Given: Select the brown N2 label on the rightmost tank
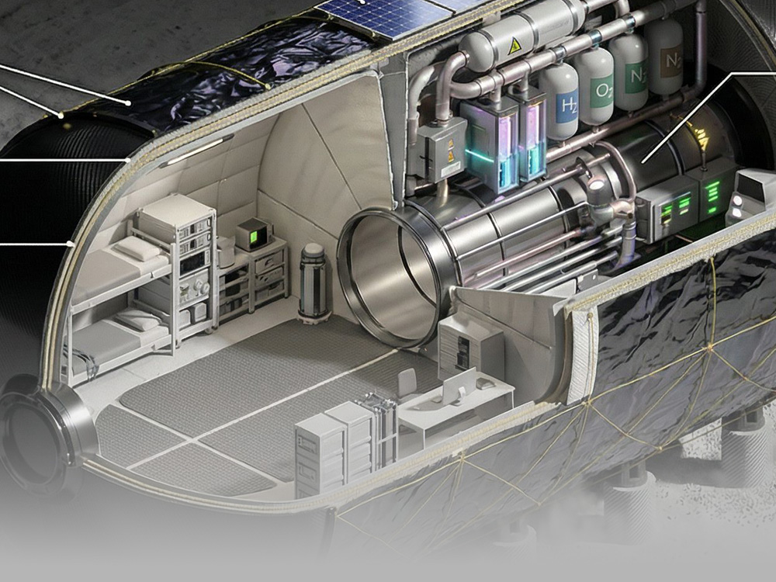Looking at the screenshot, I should click(x=669, y=57).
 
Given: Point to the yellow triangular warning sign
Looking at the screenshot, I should click(x=513, y=47).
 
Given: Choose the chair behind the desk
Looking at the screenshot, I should click(x=408, y=386).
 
